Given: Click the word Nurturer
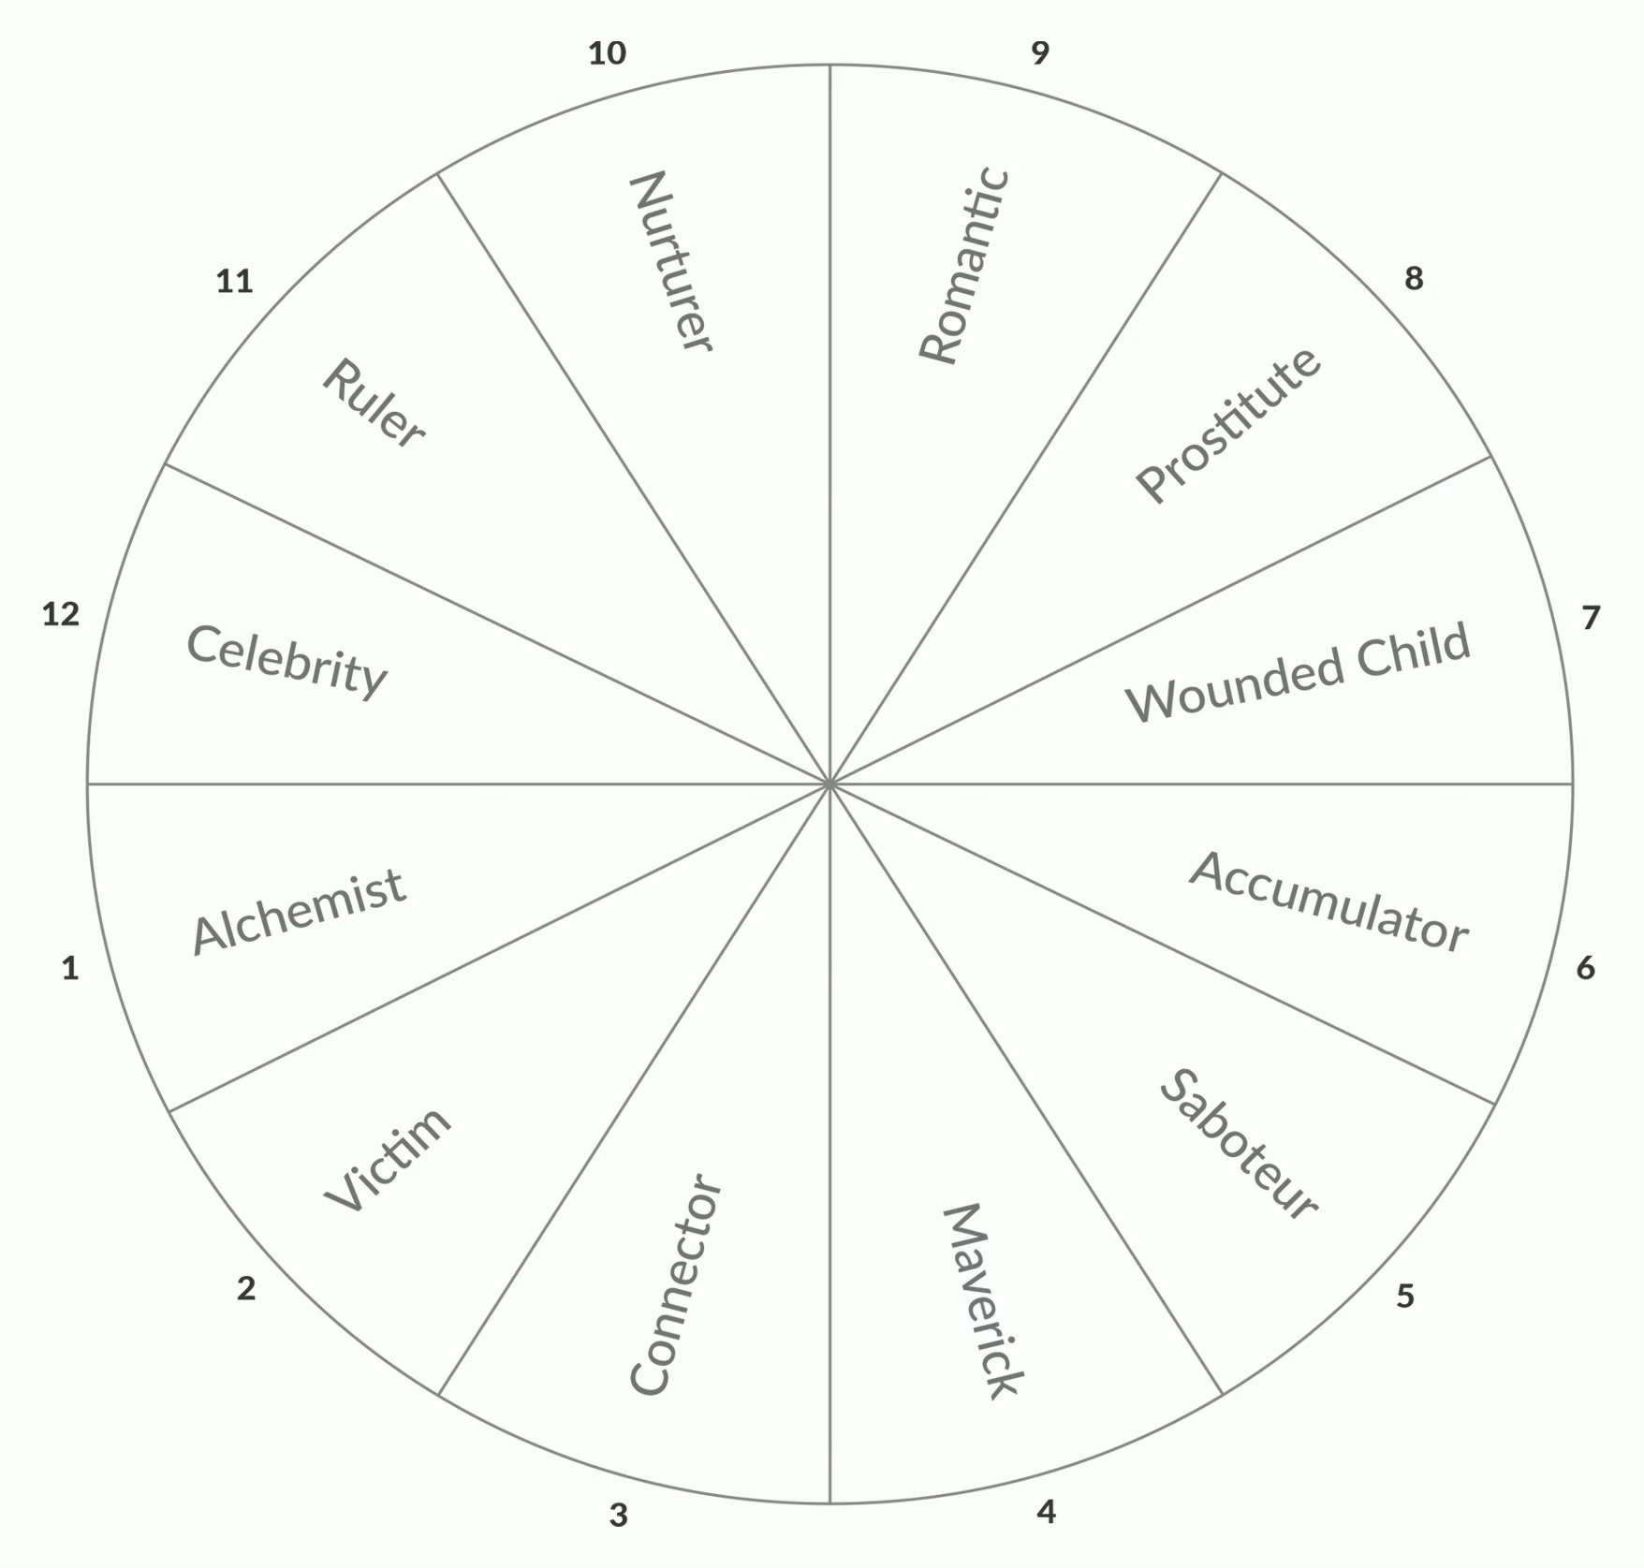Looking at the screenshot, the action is tap(672, 261).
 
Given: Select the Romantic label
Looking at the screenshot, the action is tap(964, 266).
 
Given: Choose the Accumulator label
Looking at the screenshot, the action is tap(1328, 902).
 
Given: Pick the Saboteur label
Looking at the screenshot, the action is tap(1238, 1144).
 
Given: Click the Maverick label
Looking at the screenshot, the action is tap(982, 1301).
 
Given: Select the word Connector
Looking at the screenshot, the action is tap(675, 1284).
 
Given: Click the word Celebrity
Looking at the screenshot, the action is tap(286, 661).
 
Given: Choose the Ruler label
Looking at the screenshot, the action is tap(373, 403).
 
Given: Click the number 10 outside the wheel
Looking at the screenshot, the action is tap(607, 53).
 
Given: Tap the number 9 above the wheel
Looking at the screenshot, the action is tap(1040, 53).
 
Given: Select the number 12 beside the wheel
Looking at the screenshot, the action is tap(61, 614).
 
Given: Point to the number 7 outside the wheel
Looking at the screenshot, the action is tap(1591, 618).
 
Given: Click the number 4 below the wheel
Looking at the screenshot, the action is tap(1046, 1511).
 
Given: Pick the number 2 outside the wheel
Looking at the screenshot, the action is tap(246, 1289).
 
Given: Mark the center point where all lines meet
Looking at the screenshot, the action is tap(829, 784).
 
